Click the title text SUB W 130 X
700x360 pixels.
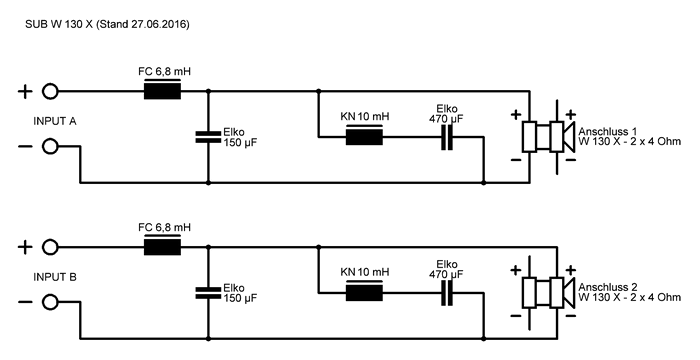coord(59,25)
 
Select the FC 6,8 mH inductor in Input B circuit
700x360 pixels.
coord(162,246)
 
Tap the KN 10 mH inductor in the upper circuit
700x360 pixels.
coord(364,135)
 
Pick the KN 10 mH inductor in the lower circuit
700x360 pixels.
coord(364,291)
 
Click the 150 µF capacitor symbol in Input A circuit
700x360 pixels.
coord(208,137)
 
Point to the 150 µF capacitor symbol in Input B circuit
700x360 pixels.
coord(208,293)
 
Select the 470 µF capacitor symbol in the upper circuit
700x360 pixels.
coord(447,137)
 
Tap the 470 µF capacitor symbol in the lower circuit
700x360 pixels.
coord(447,293)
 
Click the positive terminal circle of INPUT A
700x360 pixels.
coord(50,92)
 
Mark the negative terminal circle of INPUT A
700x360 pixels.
coord(50,146)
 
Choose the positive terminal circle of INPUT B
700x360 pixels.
coord(50,247)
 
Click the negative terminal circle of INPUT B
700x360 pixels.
coord(50,302)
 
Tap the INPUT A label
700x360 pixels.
coord(55,121)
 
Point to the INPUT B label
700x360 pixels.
coord(55,277)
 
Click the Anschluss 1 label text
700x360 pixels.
coord(608,131)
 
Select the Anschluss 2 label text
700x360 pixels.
coord(608,287)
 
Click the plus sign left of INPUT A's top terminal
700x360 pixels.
coord(25,92)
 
